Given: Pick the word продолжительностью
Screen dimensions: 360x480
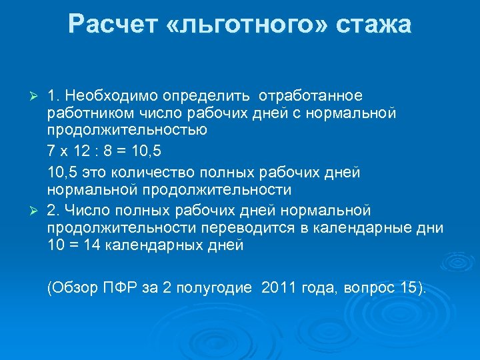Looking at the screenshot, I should point(117,129).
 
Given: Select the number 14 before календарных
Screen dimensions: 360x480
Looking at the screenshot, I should point(87,245).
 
